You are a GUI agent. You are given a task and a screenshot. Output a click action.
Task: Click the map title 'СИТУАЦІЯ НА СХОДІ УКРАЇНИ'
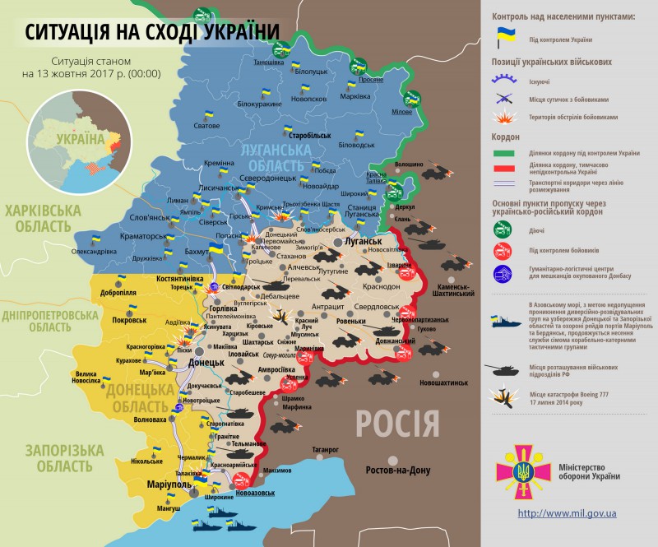click(x=151, y=32)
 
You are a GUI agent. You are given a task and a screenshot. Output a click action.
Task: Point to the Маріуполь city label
click(x=169, y=484)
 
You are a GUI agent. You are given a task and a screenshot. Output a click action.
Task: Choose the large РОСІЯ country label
click(x=397, y=424)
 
